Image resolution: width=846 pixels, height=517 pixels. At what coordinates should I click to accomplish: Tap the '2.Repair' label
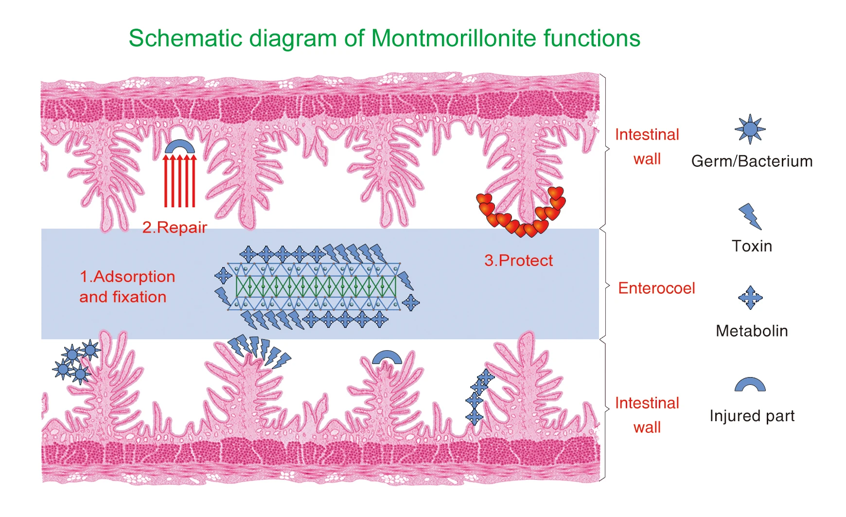click(175, 227)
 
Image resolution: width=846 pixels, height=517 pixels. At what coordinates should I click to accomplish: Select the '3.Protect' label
click(518, 261)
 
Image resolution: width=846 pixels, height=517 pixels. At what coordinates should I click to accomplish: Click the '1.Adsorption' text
click(127, 277)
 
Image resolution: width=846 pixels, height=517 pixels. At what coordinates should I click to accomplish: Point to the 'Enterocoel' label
click(656, 288)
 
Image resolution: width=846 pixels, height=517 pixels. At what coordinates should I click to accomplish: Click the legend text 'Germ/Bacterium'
click(752, 161)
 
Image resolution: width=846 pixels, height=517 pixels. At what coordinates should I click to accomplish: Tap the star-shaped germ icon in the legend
click(750, 129)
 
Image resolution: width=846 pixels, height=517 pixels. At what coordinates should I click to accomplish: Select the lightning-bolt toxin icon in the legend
click(750, 216)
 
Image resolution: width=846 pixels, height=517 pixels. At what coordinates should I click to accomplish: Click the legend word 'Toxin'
click(752, 246)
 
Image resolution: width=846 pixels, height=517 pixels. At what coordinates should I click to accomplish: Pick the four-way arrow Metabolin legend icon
click(750, 298)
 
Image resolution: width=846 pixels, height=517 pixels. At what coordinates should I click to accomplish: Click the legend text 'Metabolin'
click(752, 331)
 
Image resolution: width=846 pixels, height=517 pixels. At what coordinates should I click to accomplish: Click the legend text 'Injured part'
click(752, 416)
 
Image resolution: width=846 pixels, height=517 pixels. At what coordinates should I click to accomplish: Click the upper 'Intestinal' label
click(647, 135)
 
